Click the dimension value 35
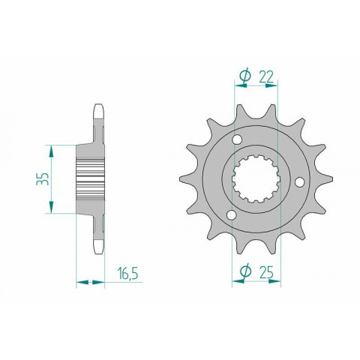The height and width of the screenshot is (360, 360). pos(43,179)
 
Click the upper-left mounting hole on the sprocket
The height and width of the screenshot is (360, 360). pos(238,141)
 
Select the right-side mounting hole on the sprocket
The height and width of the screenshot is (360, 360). pos(300,181)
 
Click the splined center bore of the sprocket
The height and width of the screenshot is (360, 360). pos(256,179)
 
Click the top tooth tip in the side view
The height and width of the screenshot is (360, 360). pos(97,109)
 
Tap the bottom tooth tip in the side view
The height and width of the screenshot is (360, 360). pos(97,250)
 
